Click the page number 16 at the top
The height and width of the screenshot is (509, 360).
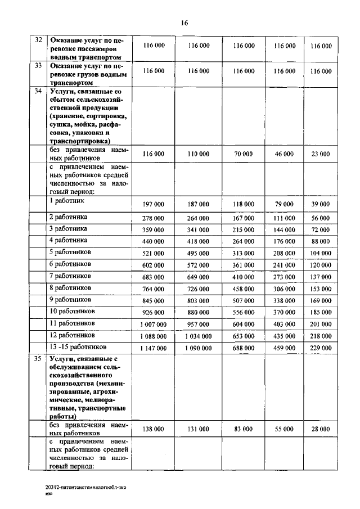click(184, 23)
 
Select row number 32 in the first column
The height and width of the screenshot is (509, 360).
click(39, 40)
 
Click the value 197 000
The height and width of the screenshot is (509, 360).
click(154, 204)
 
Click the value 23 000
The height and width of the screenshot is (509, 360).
click(321, 154)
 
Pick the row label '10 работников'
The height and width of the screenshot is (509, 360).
click(73, 311)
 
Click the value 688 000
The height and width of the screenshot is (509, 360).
click(244, 348)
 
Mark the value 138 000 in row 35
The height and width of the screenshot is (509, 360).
click(154, 429)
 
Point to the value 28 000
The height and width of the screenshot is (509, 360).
click(321, 429)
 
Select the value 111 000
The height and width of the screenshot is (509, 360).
click(284, 218)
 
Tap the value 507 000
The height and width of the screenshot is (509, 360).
click(244, 300)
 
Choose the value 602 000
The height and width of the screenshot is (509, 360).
click(154, 265)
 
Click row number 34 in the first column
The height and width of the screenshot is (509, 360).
click(39, 91)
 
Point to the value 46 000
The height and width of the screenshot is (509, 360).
click(284, 154)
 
